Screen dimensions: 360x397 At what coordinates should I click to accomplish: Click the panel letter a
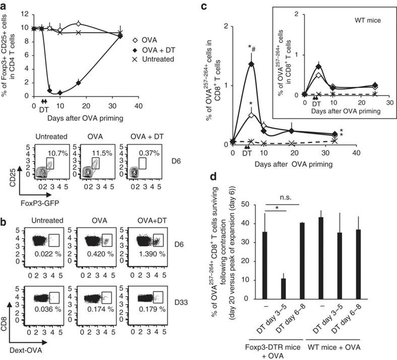[x=4, y=6]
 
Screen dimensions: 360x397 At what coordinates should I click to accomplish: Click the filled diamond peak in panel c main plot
[x=251, y=64]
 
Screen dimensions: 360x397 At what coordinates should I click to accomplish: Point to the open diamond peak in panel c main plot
[x=251, y=115]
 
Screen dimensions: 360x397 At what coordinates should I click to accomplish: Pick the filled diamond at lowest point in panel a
[x=60, y=93]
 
